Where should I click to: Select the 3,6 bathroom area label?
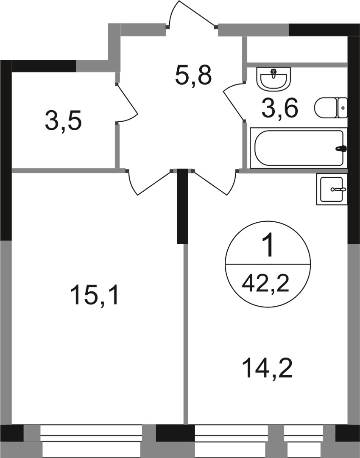280,109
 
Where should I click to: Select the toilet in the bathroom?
330,108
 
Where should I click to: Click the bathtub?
298,148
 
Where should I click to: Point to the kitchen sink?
332,189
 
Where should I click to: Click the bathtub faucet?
341,149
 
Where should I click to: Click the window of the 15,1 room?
91,441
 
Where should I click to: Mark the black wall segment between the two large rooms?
182,206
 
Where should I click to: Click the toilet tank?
342,108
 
